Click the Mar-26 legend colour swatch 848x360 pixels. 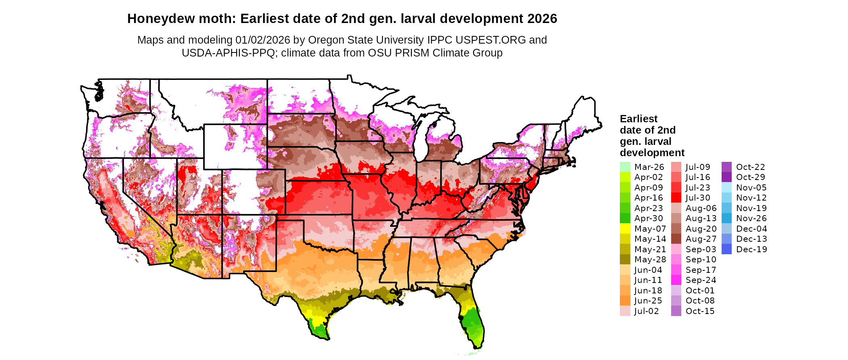pos(625,167)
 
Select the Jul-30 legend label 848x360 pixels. pos(698,198)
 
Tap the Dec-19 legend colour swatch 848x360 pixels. pos(726,249)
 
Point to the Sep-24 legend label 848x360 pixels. pos(701,280)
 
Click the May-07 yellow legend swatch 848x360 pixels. pos(625,228)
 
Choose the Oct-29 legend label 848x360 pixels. pos(750,177)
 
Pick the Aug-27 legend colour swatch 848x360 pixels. pos(676,239)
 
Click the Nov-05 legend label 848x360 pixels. pos(751,188)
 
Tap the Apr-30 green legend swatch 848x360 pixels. pos(625,218)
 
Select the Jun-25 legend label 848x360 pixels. pos(648,301)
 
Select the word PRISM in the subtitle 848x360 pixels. pos(414,53)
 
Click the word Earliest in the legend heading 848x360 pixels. pos(638,119)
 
